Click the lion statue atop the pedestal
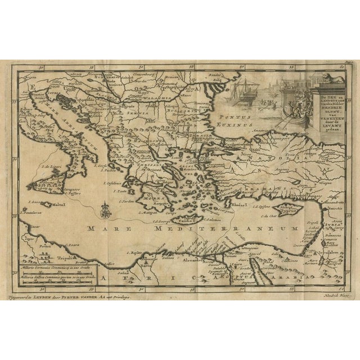(x=334, y=71)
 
